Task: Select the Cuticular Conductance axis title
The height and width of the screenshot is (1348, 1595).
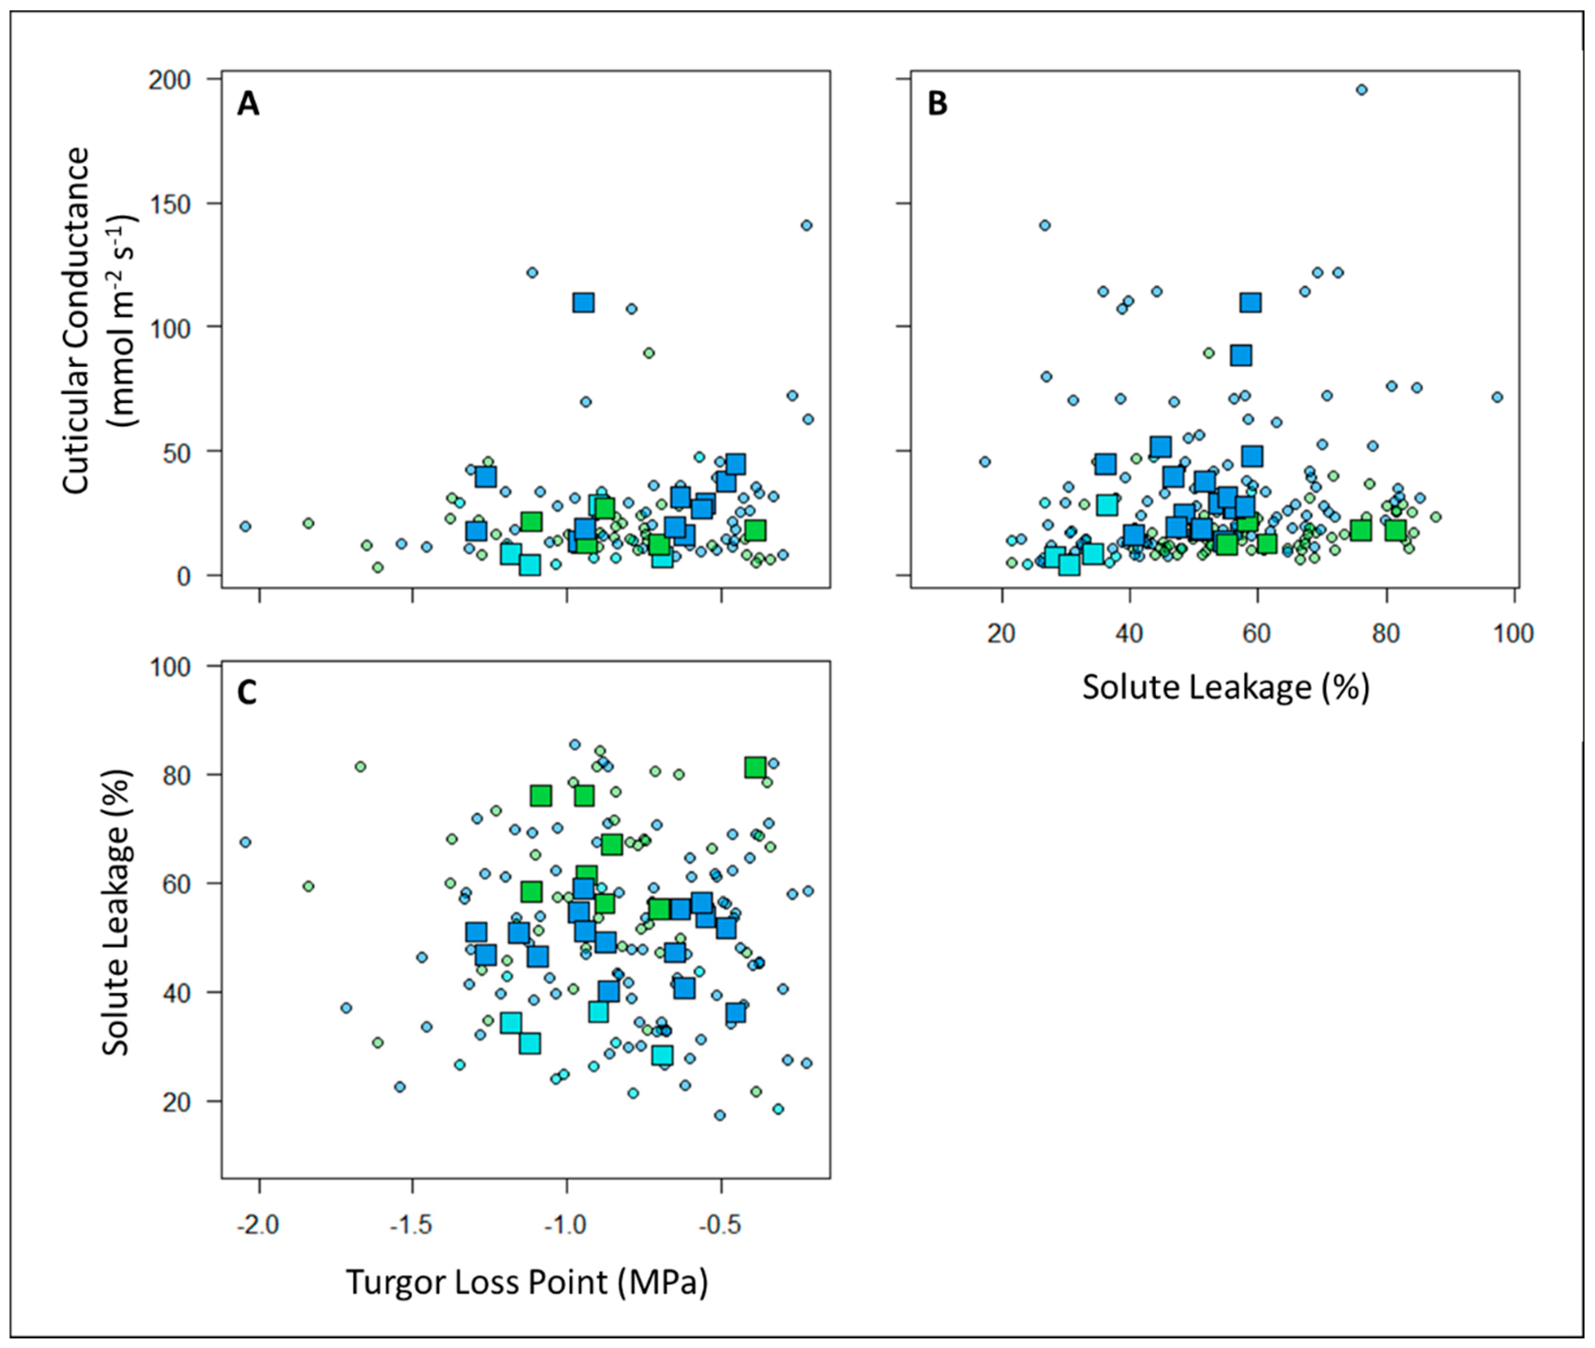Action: (x=76, y=321)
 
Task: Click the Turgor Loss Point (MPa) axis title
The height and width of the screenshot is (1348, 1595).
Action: (x=527, y=1282)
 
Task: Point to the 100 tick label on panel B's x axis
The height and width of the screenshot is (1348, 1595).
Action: (x=1512, y=634)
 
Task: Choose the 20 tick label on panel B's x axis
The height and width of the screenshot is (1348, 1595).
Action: (x=1000, y=634)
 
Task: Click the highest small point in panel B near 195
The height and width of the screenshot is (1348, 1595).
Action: (x=1361, y=89)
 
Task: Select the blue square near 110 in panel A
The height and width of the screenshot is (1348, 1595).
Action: (x=583, y=303)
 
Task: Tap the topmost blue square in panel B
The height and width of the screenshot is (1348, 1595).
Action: (x=1250, y=303)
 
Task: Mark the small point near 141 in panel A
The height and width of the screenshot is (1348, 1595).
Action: (x=806, y=225)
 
